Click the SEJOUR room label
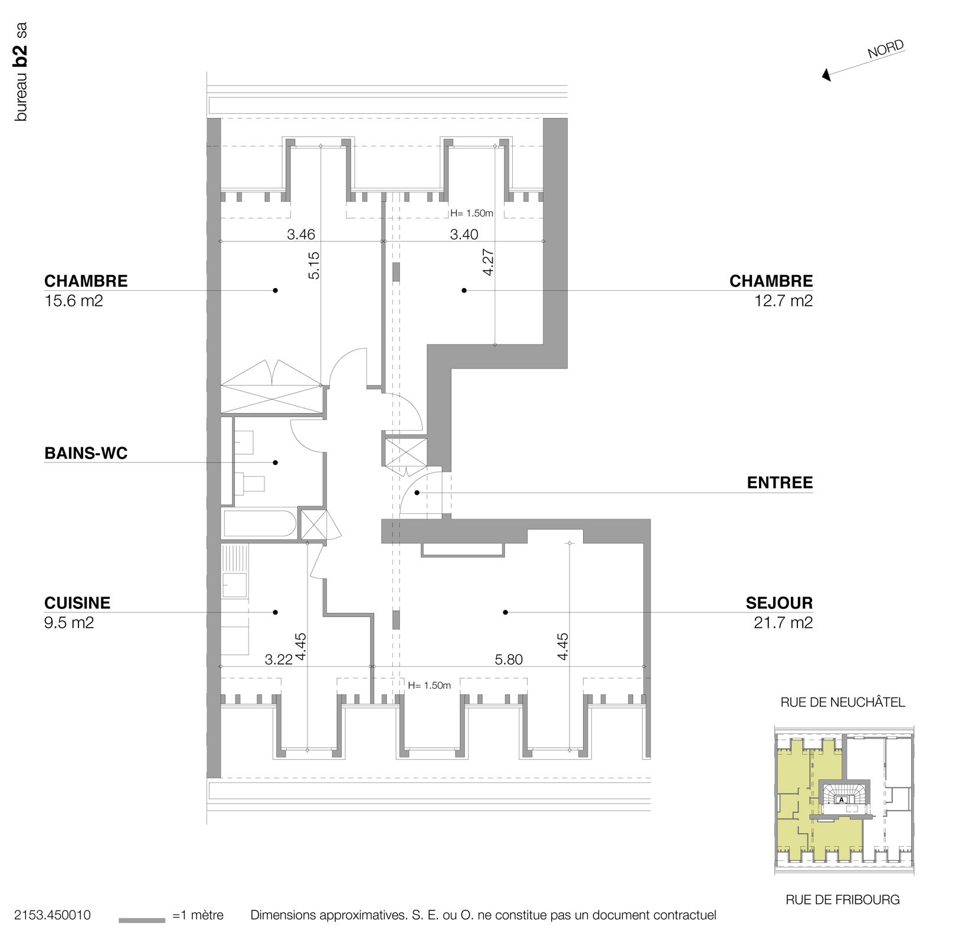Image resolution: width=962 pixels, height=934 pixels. [778, 603]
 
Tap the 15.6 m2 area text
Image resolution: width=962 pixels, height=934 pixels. [74, 301]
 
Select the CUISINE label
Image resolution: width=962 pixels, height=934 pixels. [77, 603]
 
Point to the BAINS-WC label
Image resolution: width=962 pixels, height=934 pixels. [86, 453]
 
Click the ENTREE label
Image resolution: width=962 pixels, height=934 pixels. [780, 483]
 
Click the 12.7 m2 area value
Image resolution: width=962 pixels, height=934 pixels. [783, 301]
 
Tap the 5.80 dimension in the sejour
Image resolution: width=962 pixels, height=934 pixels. [508, 660]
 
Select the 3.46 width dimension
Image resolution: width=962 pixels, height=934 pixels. [301, 234]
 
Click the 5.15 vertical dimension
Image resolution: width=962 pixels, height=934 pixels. [314, 266]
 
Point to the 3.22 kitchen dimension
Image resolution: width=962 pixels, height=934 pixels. [279, 660]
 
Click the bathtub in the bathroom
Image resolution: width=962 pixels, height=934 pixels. [260, 524]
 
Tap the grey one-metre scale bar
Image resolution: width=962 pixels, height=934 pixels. [142, 920]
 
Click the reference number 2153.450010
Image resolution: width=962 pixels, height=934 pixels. [53, 915]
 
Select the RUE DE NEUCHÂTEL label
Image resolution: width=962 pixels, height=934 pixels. [842, 702]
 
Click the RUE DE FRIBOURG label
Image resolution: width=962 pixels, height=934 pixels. [842, 900]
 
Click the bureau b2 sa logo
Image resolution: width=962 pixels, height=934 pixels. [21, 72]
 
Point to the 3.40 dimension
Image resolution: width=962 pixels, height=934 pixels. [464, 234]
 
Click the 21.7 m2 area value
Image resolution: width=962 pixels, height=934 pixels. [783, 623]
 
